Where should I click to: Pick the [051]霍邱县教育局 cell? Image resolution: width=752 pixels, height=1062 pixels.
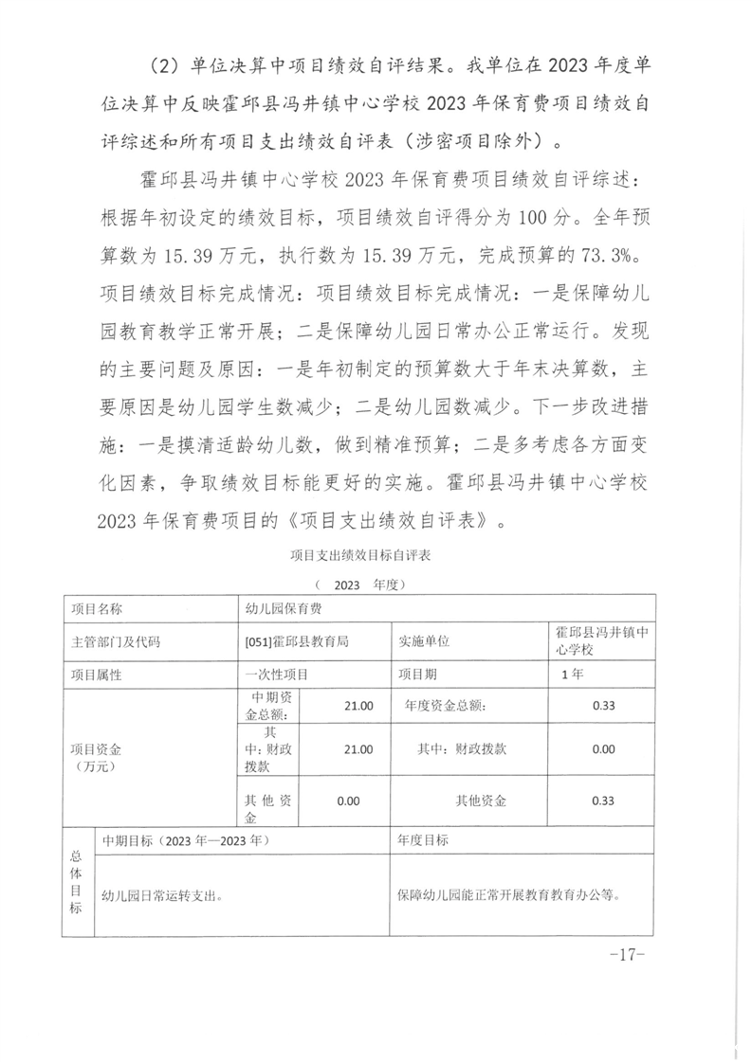click(297, 641)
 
